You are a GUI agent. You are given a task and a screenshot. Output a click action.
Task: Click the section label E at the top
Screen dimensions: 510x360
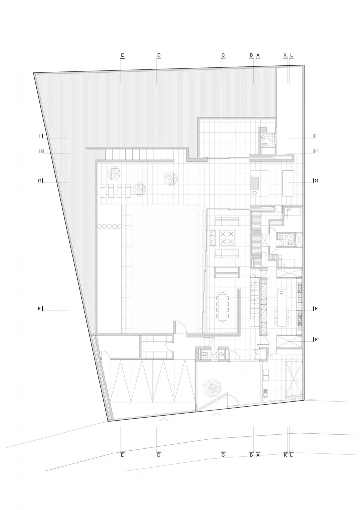click(x=122, y=55)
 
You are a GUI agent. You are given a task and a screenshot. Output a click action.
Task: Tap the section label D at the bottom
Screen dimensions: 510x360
click(x=158, y=455)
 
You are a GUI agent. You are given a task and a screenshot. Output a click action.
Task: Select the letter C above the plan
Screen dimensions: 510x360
click(x=223, y=55)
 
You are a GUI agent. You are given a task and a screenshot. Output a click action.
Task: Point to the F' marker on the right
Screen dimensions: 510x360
click(x=317, y=340)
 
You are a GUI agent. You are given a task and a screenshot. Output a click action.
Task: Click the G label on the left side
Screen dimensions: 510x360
click(x=39, y=181)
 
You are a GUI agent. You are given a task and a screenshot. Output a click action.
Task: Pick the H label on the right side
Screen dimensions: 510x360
click(x=316, y=151)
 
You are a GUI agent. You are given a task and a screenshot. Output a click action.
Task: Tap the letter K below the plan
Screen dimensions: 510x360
click(x=285, y=455)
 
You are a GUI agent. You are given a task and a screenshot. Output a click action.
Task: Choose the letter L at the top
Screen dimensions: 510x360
click(x=292, y=55)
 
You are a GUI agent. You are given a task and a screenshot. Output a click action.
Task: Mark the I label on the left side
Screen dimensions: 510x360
click(x=39, y=136)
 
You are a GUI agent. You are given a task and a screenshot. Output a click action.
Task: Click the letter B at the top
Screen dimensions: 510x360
click(x=252, y=55)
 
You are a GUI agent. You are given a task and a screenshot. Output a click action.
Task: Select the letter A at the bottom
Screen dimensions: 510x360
click(x=258, y=455)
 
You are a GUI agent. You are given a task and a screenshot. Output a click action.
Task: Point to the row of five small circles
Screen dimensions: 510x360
click(x=110, y=227)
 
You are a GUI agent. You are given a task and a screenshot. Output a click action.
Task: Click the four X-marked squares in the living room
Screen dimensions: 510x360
click(x=223, y=238)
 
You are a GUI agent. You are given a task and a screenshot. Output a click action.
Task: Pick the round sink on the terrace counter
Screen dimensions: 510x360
click(x=255, y=192)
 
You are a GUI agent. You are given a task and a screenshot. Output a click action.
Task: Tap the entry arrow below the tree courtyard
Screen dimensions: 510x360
click(x=216, y=414)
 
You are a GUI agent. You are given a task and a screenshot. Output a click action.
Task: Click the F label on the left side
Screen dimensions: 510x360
click(x=39, y=309)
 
